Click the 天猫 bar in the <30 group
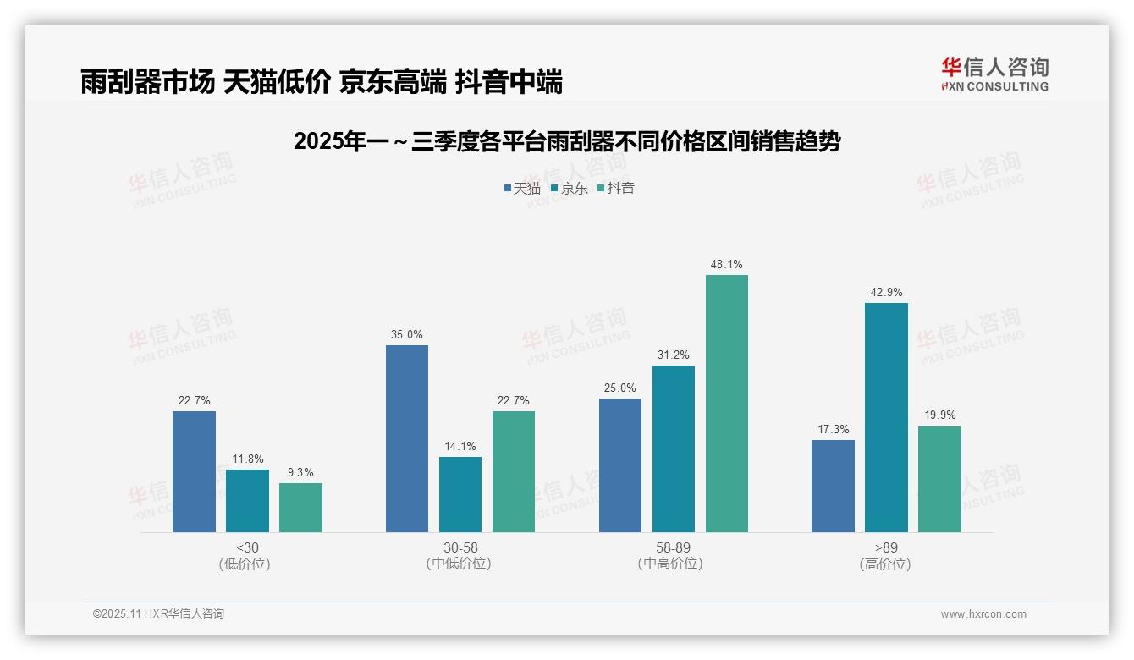pos(194,471)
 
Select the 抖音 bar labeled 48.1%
pos(727,404)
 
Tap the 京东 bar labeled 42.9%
pos(886,417)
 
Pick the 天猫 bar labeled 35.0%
pos(407,438)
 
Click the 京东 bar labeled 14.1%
pos(460,494)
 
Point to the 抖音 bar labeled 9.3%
pos(300,507)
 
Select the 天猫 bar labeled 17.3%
pos(833,486)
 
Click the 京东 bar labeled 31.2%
pos(674,448)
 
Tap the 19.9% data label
pos(939,415)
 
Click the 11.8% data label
pos(247,459)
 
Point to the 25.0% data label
pos(620,388)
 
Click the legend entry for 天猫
pos(522,188)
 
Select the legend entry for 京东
pos(570,188)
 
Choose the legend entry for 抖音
pos(616,188)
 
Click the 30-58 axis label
pos(460,547)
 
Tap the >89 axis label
pos(886,547)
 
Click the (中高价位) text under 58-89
pos(673,564)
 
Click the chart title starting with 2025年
pos(566,141)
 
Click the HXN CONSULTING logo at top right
pos(995,74)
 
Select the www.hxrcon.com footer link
pos(983,614)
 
